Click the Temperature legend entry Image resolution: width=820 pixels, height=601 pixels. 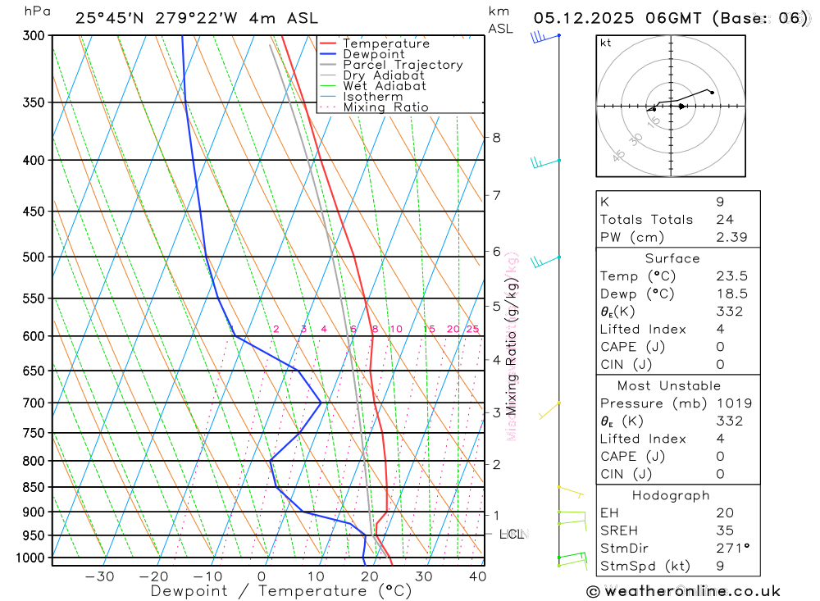(385, 43)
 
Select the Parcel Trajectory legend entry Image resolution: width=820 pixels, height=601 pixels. (403, 65)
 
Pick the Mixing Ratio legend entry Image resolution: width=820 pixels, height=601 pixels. (385, 107)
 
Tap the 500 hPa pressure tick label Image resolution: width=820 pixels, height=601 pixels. (34, 257)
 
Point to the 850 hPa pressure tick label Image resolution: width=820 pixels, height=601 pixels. (34, 487)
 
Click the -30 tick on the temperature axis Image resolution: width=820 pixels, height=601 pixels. (99, 576)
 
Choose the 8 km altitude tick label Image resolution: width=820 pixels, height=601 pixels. (496, 137)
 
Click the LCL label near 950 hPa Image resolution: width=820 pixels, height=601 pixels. (512, 535)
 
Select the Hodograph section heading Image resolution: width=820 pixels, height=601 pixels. (677, 495)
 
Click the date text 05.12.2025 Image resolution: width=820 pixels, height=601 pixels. (576, 18)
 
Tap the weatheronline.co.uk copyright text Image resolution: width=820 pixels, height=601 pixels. (683, 591)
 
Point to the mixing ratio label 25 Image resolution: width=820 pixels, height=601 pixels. (472, 330)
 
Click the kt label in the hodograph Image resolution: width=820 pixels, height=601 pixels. (606, 43)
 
